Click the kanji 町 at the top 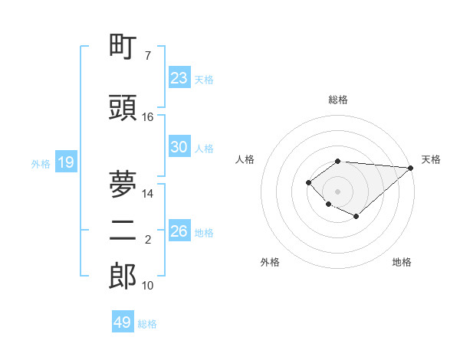coord(123,47)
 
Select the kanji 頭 coord(123,108)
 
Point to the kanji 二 coord(123,234)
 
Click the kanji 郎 coord(123,277)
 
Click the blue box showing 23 coord(179,77)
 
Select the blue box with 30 coord(179,147)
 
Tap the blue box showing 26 coord(179,231)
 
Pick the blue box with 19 coord(65,162)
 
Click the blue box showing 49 coord(123,322)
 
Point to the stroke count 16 coord(148,116)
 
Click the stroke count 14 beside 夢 coord(148,194)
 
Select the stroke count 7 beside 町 coord(148,56)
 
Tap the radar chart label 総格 coord(337,100)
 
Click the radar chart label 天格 coord(431,159)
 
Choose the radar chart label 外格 coord(270,262)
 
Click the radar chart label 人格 coord(245,159)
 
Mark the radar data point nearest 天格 coord(411,167)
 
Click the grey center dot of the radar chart coord(337,191)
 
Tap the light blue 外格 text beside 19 coord(40,163)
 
